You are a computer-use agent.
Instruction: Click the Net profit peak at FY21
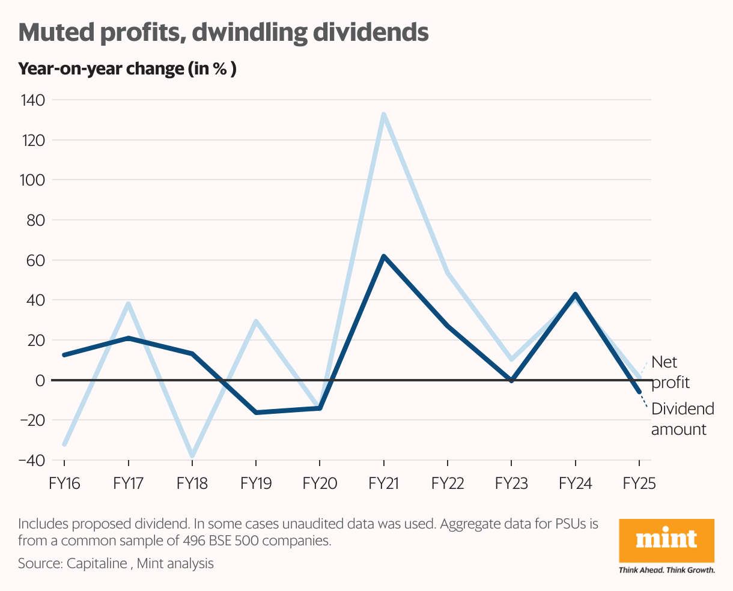point(383,114)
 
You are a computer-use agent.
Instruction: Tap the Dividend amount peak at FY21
point(383,256)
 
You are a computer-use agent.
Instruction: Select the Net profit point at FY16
point(64,444)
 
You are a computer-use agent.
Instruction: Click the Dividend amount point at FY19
point(256,413)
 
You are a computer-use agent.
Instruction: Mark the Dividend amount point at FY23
point(511,380)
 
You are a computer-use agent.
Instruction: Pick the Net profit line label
point(670,372)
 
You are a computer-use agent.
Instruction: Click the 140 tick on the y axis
point(33,100)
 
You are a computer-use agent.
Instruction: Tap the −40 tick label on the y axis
point(32,460)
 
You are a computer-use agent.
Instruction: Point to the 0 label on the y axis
point(40,380)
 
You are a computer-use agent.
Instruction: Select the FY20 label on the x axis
point(320,483)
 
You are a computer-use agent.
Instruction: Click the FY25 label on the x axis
point(639,483)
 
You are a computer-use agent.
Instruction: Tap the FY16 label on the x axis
point(64,483)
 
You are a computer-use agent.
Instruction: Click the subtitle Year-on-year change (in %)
point(127,69)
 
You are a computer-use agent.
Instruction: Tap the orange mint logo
point(666,540)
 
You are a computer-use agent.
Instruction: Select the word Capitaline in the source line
point(97,563)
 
